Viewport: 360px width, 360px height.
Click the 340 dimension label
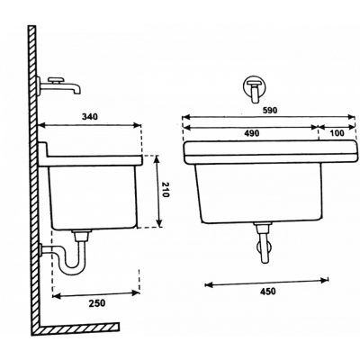click(x=90, y=116)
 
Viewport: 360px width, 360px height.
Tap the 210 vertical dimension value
click(x=165, y=190)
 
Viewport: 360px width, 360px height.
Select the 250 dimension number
click(x=97, y=303)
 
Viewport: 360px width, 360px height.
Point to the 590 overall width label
click(x=269, y=110)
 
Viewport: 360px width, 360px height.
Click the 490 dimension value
click(x=251, y=133)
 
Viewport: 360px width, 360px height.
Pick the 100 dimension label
click(x=337, y=133)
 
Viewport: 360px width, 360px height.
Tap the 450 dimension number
click(x=267, y=291)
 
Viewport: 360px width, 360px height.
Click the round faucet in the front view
click(x=255, y=87)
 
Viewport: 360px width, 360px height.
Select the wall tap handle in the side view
click(x=56, y=80)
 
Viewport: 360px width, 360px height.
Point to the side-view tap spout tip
click(x=77, y=91)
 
